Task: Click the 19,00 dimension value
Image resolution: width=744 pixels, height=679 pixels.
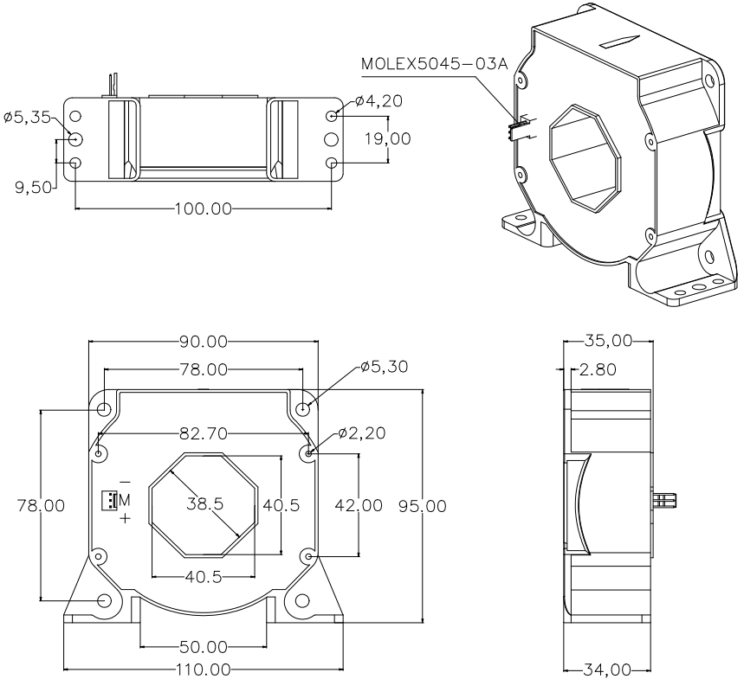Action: point(411,138)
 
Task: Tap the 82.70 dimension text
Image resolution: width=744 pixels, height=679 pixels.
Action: point(202,432)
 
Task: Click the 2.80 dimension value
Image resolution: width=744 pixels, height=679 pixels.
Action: point(598,370)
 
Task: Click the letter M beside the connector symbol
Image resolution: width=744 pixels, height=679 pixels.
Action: point(124,500)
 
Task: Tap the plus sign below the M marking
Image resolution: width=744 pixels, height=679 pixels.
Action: point(124,518)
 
